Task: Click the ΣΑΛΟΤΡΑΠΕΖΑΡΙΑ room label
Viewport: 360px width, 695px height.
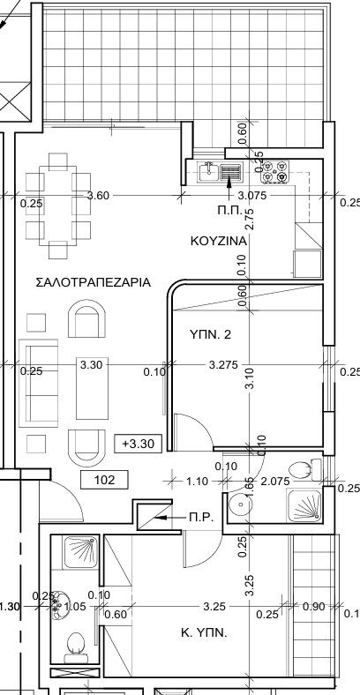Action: click(93, 283)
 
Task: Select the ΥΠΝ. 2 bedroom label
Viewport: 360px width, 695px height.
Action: click(209, 334)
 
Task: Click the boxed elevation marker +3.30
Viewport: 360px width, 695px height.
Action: click(139, 444)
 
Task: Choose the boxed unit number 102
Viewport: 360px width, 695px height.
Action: click(104, 481)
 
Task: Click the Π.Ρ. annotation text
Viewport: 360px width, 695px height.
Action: click(200, 518)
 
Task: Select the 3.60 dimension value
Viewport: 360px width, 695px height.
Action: click(98, 196)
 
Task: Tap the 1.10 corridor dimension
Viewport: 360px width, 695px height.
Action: click(198, 482)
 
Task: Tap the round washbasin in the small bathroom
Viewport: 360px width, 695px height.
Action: click(240, 504)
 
